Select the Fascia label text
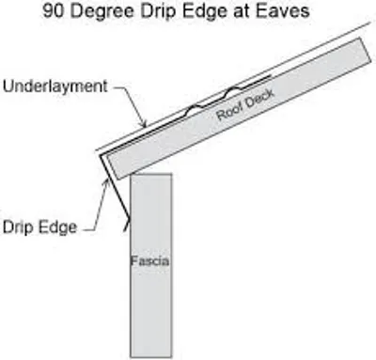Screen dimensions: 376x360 click(151, 259)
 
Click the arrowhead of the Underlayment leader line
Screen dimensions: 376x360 click(144, 125)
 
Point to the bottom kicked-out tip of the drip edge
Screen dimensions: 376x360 click(127, 228)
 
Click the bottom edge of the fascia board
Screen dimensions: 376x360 click(151, 358)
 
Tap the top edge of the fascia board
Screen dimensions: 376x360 click(151, 174)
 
